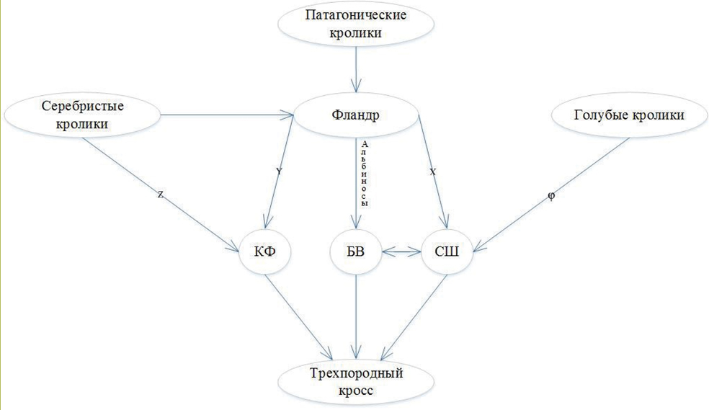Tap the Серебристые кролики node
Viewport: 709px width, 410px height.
click(x=83, y=115)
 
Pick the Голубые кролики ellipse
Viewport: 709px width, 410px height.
click(x=628, y=115)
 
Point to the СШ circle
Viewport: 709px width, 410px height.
click(x=447, y=252)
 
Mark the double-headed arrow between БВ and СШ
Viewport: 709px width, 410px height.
click(x=401, y=252)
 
